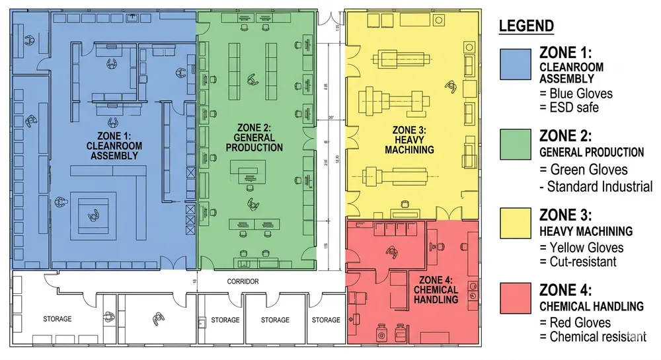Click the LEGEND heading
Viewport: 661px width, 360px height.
526,26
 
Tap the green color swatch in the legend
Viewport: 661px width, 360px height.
516,147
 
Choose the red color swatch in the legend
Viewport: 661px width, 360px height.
516,301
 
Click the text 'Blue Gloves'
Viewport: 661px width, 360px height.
581,94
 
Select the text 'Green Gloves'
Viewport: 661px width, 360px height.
588,170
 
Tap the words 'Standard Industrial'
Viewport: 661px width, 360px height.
601,186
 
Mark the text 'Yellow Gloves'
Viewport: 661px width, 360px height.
586,248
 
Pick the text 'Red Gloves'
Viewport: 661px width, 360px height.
580,322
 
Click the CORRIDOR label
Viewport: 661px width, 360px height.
242,281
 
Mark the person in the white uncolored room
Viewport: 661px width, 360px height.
157,318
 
